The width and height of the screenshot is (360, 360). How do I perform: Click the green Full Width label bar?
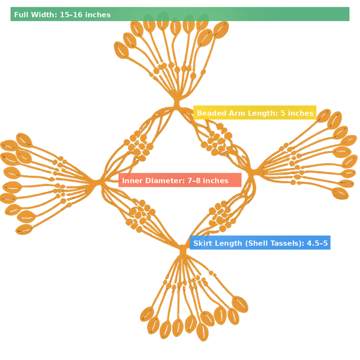(x=180, y=14)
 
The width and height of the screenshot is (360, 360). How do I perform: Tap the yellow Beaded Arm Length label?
(x=255, y=113)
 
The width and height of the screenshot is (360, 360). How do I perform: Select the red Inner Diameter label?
(x=180, y=181)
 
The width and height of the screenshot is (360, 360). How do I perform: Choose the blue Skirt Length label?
(x=260, y=243)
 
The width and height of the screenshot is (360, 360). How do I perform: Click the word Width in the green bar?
(x=46, y=14)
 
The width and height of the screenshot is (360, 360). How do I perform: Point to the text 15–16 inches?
(x=85, y=14)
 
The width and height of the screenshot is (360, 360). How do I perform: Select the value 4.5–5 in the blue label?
(x=317, y=243)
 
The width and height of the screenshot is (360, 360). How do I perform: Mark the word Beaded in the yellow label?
(x=211, y=113)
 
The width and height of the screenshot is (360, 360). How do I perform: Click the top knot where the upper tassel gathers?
(x=177, y=102)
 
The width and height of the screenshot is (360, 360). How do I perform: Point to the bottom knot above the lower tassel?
(x=182, y=247)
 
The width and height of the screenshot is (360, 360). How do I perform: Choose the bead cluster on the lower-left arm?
(x=139, y=213)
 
